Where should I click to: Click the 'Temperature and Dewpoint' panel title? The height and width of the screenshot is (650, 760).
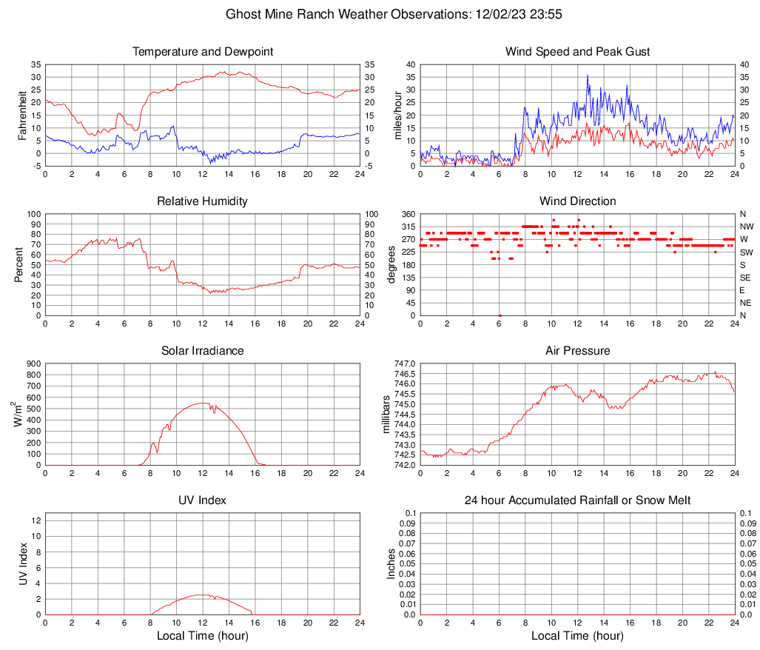[203, 52]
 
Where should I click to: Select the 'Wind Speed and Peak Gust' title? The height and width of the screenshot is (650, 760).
[577, 52]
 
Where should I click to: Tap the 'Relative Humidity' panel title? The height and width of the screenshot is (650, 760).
[203, 201]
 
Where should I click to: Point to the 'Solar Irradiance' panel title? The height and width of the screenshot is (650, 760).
[203, 351]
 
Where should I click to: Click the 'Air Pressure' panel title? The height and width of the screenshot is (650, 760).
[577, 351]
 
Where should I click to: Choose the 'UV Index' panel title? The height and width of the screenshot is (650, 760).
[203, 500]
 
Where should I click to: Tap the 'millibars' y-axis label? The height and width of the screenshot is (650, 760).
[386, 414]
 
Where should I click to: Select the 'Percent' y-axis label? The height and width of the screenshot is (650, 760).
[19, 265]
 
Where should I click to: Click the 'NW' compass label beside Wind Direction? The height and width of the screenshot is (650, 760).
[746, 227]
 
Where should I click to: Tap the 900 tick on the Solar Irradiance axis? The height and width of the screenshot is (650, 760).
[32, 364]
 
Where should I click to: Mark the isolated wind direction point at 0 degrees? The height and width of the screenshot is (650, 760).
[500, 315]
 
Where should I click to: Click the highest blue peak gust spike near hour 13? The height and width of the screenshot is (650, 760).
[588, 76]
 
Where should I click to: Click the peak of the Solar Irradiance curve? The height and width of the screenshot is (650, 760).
[203, 403]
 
